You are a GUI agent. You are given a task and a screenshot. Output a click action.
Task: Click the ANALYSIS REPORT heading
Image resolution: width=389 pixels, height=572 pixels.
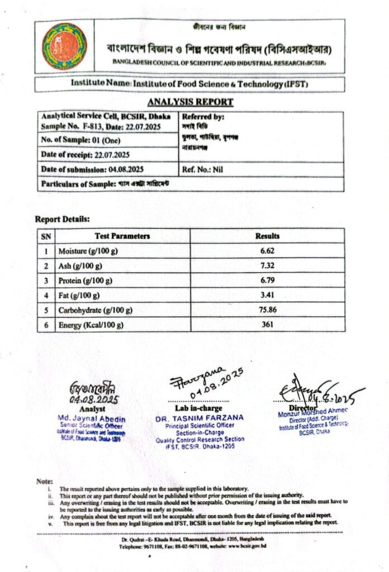coord(190,102)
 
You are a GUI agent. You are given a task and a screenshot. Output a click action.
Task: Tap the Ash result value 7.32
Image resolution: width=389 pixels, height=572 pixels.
coord(267,266)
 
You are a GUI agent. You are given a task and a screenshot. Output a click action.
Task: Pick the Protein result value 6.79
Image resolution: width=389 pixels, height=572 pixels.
coord(267,280)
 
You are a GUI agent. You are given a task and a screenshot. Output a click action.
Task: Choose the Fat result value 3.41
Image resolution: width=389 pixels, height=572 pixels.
coord(267,295)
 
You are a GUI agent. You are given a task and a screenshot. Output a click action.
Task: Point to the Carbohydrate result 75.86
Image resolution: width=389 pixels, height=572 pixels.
coord(267,310)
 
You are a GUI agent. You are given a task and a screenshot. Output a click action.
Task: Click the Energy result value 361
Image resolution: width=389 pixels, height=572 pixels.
coord(267,325)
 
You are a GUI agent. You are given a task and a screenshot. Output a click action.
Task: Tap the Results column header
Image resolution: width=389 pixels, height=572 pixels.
coord(267,236)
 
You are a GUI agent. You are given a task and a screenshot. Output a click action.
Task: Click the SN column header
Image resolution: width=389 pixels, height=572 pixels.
coord(46,236)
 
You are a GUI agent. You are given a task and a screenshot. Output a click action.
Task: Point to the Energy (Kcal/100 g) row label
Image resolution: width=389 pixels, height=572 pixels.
coord(91,325)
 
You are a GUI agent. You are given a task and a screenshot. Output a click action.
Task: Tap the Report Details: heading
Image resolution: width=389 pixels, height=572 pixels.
coord(62,220)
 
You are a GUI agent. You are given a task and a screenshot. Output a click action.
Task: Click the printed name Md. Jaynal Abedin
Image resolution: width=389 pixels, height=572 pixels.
coord(92,419)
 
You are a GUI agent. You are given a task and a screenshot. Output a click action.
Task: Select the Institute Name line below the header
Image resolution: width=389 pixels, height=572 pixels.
coord(189,83)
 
